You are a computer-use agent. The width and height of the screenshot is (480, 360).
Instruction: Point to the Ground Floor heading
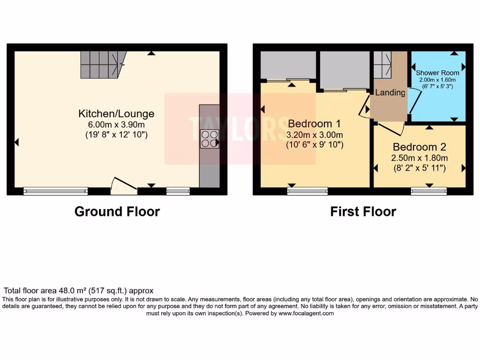117,212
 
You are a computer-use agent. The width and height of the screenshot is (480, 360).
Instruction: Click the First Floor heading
363,212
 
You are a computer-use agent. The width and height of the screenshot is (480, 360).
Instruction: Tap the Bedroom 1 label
314,124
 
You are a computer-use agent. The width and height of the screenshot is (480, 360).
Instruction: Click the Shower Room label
437,73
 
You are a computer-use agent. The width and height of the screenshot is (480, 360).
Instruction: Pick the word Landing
390,93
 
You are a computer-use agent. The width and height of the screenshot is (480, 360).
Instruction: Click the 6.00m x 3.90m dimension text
116,125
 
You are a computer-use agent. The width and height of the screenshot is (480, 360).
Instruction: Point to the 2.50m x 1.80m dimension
420,157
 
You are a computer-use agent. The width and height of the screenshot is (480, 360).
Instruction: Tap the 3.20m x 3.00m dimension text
315,135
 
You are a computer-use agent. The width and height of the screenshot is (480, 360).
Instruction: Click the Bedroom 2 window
429,191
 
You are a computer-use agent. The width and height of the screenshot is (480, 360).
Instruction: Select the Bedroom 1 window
307,191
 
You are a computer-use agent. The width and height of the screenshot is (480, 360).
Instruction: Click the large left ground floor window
56,191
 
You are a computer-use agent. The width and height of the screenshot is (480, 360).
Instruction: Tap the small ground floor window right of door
178,191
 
